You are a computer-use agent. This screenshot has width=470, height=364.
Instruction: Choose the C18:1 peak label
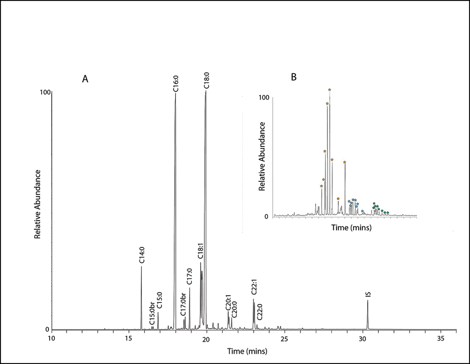[x=200, y=251]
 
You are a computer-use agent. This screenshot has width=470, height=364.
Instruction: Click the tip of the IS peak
[x=367, y=301]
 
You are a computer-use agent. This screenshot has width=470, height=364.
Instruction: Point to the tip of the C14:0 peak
[x=141, y=266]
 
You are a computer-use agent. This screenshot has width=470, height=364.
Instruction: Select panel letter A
[x=85, y=79]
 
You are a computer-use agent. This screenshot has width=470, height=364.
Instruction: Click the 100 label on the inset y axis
[x=264, y=97]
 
